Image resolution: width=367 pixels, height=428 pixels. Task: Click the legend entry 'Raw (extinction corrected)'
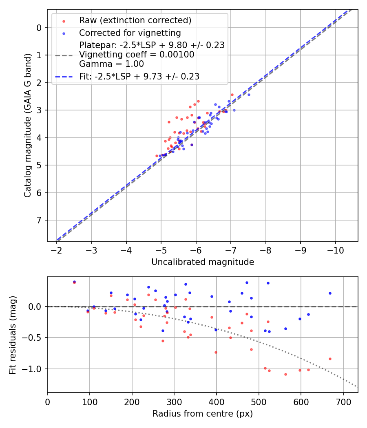point(135,20)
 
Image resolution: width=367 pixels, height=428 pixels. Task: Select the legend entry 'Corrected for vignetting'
point(130,33)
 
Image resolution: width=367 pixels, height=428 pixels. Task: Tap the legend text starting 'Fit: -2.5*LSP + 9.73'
point(139,76)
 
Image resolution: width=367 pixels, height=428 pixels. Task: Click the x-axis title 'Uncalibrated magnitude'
point(203,262)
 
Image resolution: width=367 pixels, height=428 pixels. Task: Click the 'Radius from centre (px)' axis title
point(203,414)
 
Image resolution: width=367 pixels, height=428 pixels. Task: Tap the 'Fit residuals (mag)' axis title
point(13,335)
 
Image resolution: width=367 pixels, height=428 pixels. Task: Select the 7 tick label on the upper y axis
point(39,220)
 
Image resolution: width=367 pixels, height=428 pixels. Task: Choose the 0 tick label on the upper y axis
point(39,28)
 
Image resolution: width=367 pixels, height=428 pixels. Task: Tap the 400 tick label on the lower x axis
point(217,402)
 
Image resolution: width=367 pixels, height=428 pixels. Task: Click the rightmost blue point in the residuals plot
point(330,293)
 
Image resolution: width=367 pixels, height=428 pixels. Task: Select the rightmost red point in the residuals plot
point(330,359)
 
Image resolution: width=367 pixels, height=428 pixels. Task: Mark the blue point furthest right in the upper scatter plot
point(249,95)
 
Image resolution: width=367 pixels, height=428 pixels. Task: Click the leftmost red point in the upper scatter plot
point(157,156)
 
